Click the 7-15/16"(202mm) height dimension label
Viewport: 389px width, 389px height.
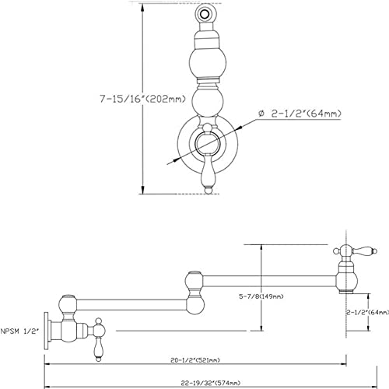[143, 99]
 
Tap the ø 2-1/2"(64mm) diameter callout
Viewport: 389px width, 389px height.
[300, 114]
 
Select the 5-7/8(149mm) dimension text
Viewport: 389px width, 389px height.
[261, 296]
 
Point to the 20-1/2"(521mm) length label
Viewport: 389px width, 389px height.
[195, 360]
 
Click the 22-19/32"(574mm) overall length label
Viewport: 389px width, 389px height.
[211, 383]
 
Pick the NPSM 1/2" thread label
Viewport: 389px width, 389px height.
[19, 331]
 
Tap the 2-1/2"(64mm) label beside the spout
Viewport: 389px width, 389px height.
[368, 313]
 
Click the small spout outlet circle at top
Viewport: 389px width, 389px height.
[205, 13]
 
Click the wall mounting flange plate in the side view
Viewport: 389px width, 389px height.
[46, 331]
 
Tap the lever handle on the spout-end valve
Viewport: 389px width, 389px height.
[363, 251]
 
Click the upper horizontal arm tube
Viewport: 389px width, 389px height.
[270, 281]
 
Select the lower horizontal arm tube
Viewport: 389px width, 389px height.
[131, 305]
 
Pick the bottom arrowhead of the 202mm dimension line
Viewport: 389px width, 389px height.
[142, 190]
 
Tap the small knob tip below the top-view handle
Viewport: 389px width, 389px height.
[208, 191]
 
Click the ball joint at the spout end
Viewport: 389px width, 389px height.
[347, 281]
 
